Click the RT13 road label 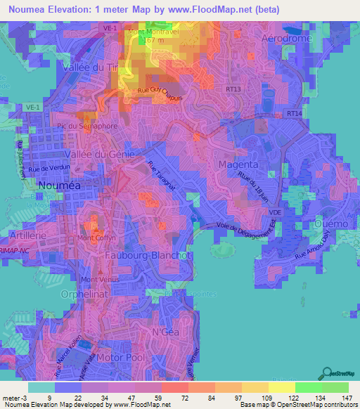click(x=233, y=89)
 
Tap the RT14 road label click(x=293, y=113)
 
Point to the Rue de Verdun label click(x=48, y=169)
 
